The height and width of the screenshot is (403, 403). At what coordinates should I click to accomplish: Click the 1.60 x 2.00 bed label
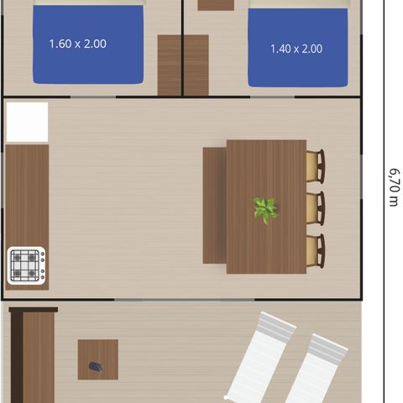pyautogui.click(x=77, y=44)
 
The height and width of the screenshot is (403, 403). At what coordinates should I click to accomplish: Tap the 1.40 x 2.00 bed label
pyautogui.click(x=296, y=49)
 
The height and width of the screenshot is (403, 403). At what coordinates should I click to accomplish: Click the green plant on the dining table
pyautogui.click(x=266, y=208)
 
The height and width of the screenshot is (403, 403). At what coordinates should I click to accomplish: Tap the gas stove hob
pyautogui.click(x=26, y=266)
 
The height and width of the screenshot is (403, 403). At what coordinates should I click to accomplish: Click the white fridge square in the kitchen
pyautogui.click(x=27, y=123)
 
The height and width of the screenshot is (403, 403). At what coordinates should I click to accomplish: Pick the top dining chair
pyautogui.click(x=315, y=165)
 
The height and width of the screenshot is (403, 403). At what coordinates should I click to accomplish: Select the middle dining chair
pyautogui.click(x=315, y=208)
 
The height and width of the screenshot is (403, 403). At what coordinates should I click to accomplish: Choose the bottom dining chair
pyautogui.click(x=315, y=251)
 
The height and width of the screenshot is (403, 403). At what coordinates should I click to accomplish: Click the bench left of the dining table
pyautogui.click(x=214, y=206)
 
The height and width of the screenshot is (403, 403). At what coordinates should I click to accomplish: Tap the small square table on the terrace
pyautogui.click(x=97, y=359)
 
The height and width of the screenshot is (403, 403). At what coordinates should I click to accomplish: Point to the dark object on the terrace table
pyautogui.click(x=97, y=366)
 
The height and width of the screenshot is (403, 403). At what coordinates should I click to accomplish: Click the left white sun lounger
pyautogui.click(x=260, y=357)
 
